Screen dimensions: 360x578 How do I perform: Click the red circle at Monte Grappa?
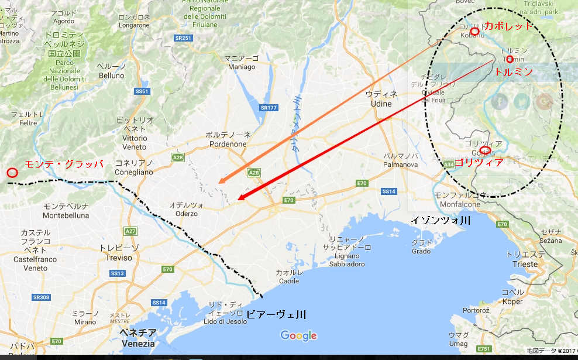[x=12, y=173]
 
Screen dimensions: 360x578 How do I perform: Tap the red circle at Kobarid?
[x=474, y=30]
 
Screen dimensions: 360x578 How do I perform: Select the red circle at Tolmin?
[x=510, y=59]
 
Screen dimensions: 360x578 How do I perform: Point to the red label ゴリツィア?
[x=478, y=163]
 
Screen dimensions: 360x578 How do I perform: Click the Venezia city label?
[x=138, y=338]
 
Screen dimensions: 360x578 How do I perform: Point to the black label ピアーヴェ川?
[x=276, y=314]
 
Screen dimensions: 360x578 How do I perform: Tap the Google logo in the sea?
[x=298, y=335]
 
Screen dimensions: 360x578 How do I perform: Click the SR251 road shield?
[x=183, y=38]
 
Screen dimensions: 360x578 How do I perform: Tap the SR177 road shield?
[x=269, y=108]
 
